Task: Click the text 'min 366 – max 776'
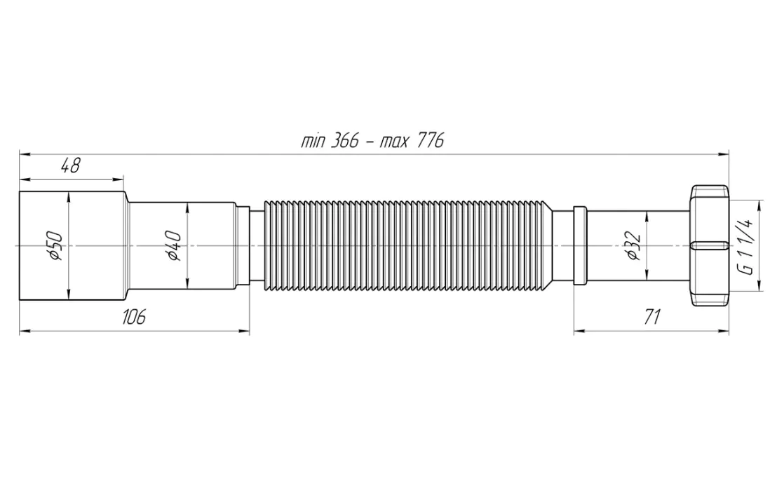pos(372,141)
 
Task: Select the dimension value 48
pos(70,165)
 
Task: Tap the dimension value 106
pos(134,316)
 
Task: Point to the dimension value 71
pos(653,316)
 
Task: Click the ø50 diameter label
pos(55,246)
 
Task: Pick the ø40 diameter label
pos(174,246)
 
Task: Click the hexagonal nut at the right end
pos(710,246)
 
